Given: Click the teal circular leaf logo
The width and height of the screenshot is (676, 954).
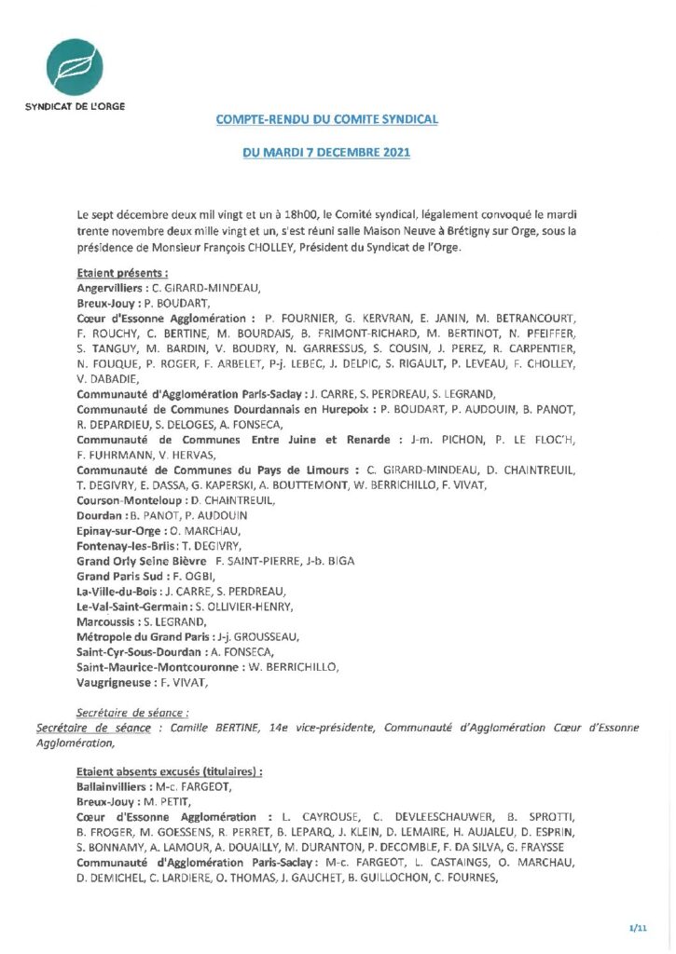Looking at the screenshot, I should coord(75,59).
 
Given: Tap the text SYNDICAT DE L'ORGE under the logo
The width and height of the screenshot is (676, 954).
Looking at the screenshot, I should coord(75,105).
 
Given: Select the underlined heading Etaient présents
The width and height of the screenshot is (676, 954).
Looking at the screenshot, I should coord(122,274).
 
